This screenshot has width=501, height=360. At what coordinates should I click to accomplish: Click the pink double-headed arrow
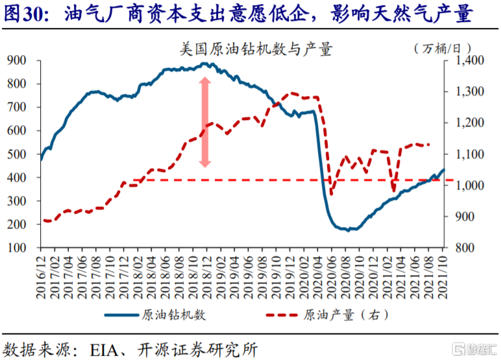point(204,123)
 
